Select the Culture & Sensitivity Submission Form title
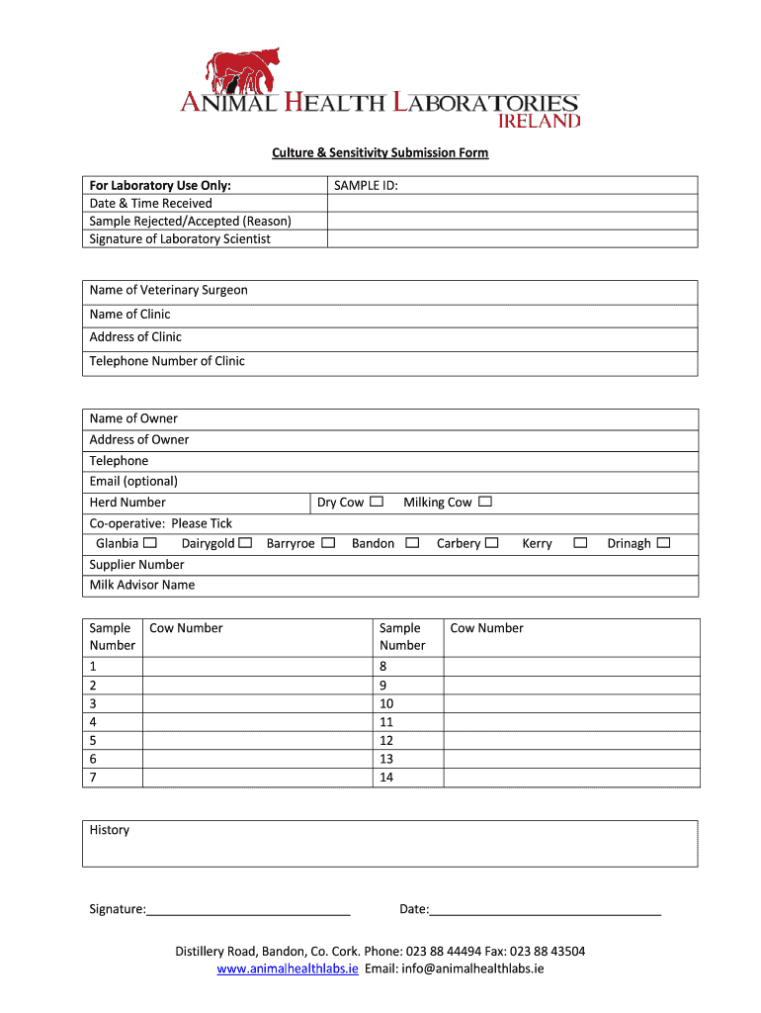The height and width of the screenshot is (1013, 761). [380, 153]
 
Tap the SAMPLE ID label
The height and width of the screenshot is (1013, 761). [367, 185]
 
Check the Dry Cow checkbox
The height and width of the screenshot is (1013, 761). [377, 502]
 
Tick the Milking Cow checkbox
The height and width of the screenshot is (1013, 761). [484, 502]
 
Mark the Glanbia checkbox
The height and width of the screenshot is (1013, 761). [150, 543]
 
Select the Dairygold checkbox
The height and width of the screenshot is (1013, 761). [245, 543]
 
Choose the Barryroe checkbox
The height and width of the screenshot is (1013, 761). [328, 543]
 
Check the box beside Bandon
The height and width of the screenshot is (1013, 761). [412, 543]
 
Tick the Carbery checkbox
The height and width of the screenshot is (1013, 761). [491, 543]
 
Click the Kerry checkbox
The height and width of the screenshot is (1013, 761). [580, 543]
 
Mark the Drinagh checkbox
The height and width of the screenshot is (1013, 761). [663, 543]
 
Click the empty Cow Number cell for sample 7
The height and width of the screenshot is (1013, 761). [257, 778]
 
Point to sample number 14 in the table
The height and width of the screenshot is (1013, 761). [386, 778]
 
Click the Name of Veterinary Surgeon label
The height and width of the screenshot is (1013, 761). [169, 290]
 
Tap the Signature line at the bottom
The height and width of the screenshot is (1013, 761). [248, 909]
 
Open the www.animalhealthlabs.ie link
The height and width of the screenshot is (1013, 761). [288, 968]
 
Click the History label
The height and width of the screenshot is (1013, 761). [110, 830]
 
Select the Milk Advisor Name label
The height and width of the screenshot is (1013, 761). [142, 585]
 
